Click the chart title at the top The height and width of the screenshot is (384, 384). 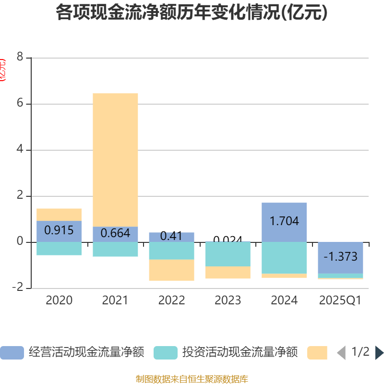[x=192, y=13]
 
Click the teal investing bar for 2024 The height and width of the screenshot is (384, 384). [x=284, y=258]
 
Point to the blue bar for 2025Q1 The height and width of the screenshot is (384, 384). [x=340, y=257]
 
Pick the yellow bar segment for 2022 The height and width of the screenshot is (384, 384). [x=171, y=270]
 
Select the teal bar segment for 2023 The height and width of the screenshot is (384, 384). [x=228, y=254]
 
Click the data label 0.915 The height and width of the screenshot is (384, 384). [x=59, y=230]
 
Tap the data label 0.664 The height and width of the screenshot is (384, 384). [x=115, y=234]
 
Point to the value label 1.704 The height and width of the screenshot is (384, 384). [x=284, y=221]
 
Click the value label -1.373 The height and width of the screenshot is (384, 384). [x=340, y=257]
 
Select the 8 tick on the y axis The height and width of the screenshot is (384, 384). [x=20, y=57]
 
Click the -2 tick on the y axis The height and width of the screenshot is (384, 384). [x=18, y=287]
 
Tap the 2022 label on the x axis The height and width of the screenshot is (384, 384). [x=171, y=300]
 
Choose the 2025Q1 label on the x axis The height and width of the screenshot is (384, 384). [x=340, y=300]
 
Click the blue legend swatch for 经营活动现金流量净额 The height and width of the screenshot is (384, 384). [x=12, y=353]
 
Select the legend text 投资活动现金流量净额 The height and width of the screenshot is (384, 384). [x=240, y=353]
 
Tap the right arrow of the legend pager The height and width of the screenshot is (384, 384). [x=379, y=353]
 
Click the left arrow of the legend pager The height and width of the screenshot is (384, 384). [x=341, y=353]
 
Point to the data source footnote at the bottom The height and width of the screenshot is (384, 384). [x=192, y=379]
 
